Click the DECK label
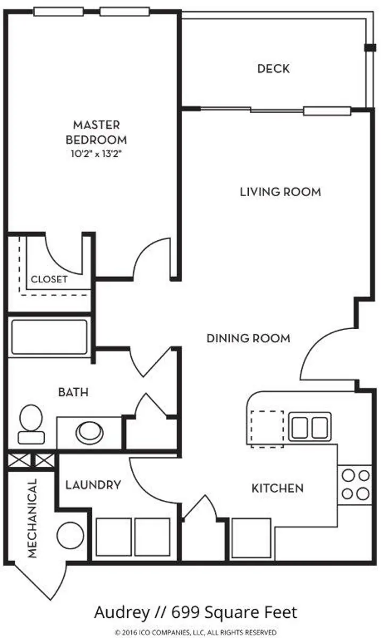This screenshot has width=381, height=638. click(x=273, y=69)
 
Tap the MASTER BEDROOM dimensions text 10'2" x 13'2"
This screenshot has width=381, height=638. click(x=96, y=155)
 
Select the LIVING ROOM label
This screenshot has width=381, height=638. click(x=280, y=191)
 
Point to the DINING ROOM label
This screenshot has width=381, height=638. click(x=248, y=338)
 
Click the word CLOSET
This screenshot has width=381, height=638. click(x=49, y=279)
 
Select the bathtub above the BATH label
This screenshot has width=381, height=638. click(x=49, y=337)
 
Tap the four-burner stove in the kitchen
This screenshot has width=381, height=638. click(x=355, y=484)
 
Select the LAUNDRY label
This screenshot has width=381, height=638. click(x=93, y=485)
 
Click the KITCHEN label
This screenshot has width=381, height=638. click(x=277, y=488)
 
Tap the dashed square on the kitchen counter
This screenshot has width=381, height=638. click(x=267, y=428)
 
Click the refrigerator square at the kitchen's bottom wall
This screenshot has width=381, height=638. click(x=252, y=538)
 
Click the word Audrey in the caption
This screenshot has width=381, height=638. click(x=122, y=612)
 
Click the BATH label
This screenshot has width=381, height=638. click(x=73, y=393)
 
